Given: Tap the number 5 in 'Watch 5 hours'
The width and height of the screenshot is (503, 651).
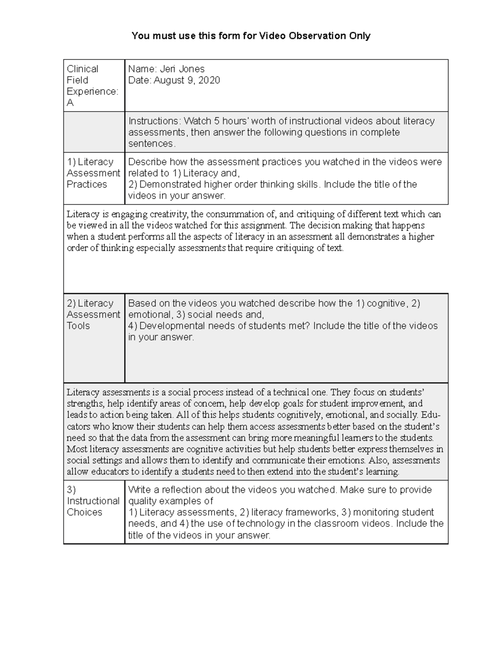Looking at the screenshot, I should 216,121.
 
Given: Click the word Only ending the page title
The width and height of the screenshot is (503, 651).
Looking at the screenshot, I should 360,36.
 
